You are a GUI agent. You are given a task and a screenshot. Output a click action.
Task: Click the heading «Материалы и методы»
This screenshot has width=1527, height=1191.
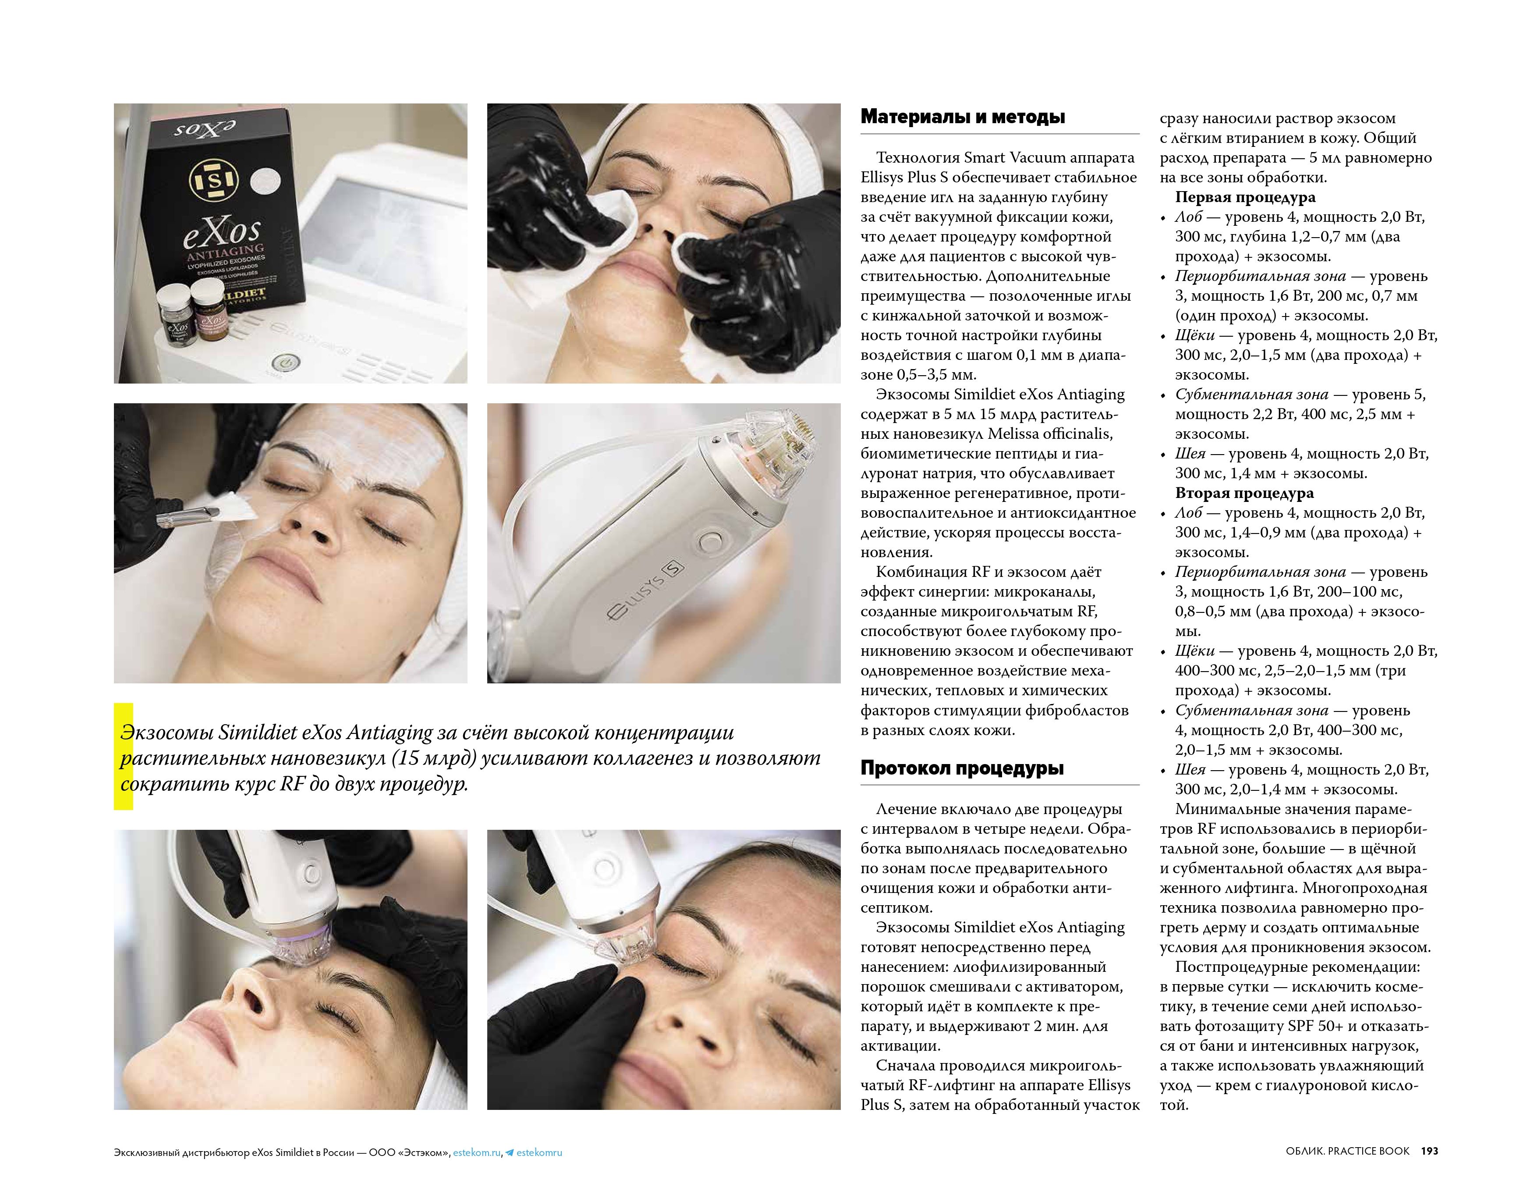962,117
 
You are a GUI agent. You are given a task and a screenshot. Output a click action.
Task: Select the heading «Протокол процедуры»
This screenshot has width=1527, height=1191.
962,768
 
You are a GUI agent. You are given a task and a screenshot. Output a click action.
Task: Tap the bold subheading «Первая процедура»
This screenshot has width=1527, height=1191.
1245,197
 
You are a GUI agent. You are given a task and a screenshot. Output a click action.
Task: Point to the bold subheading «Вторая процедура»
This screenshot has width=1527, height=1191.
1244,493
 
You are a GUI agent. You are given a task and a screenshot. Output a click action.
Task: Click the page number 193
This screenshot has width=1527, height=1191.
1429,1151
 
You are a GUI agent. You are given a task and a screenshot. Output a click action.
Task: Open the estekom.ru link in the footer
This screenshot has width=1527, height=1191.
476,1152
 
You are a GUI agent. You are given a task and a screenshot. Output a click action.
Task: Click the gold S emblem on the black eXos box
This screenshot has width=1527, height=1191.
213,181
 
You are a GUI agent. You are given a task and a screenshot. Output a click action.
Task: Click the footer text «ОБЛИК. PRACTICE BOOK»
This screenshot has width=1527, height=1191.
1347,1151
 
